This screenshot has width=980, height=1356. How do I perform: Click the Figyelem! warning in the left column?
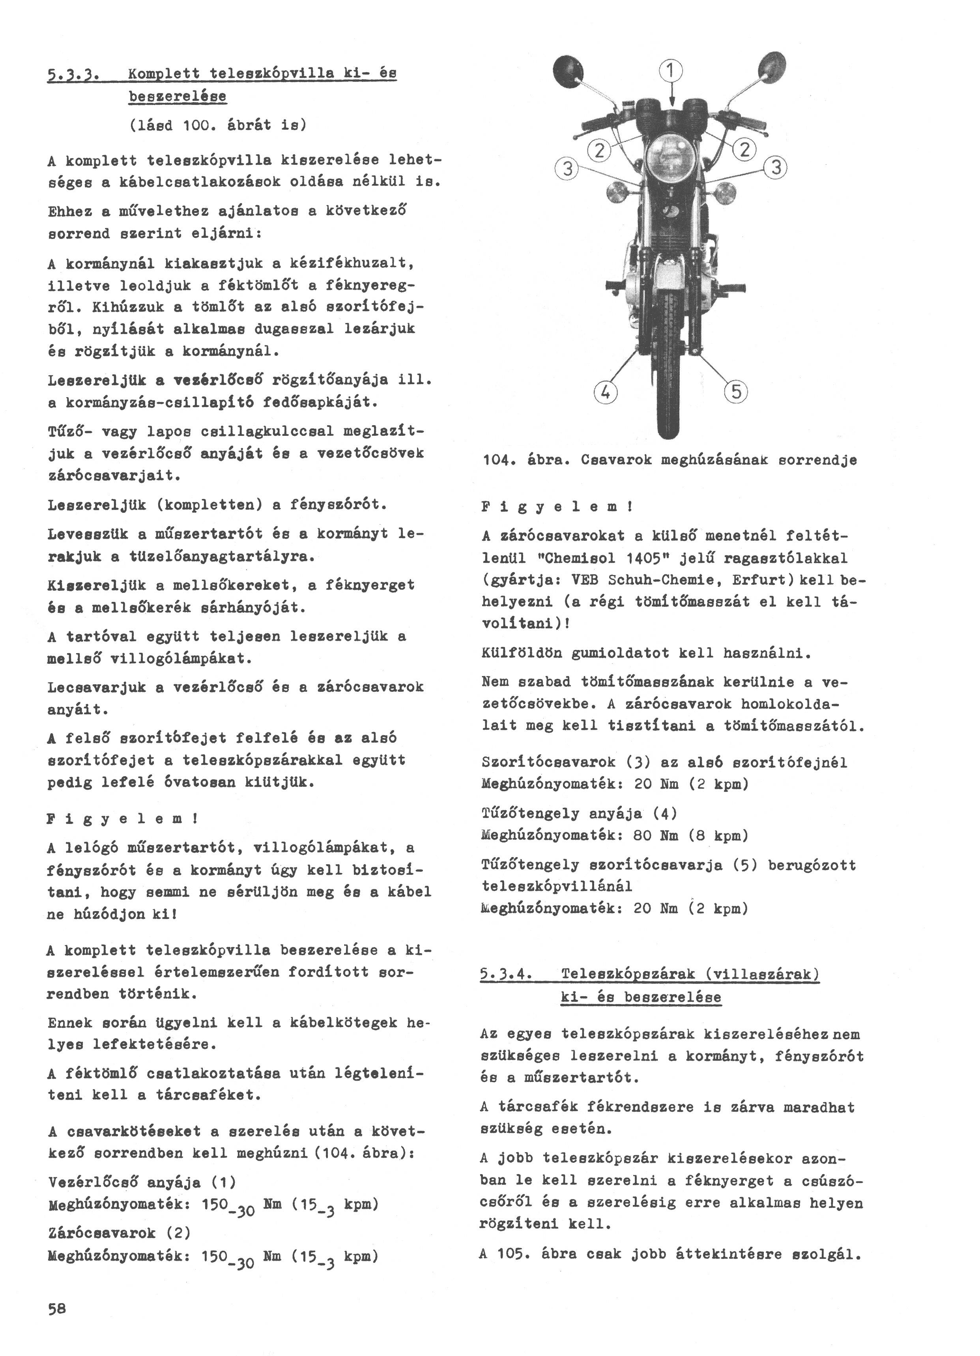(x=123, y=818)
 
